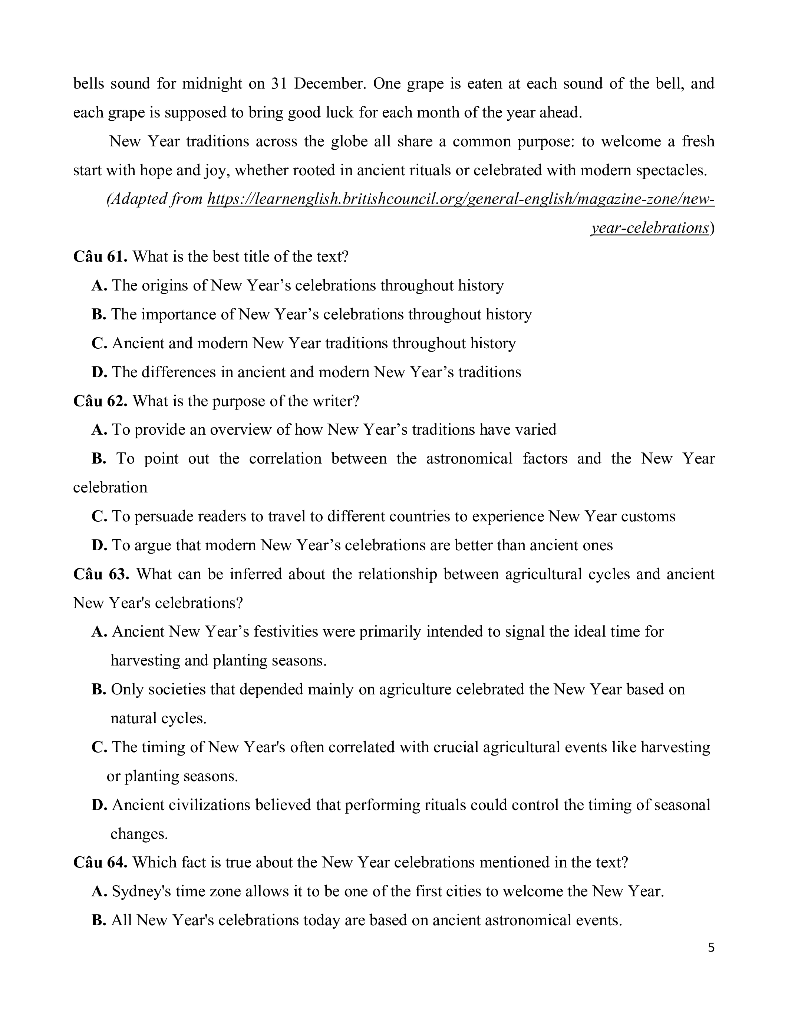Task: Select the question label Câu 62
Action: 100,401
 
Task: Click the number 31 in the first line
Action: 278,83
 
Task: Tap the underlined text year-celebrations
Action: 650,228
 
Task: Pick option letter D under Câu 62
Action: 99,545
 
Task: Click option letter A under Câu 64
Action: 99,891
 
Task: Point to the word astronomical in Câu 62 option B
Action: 469,459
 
